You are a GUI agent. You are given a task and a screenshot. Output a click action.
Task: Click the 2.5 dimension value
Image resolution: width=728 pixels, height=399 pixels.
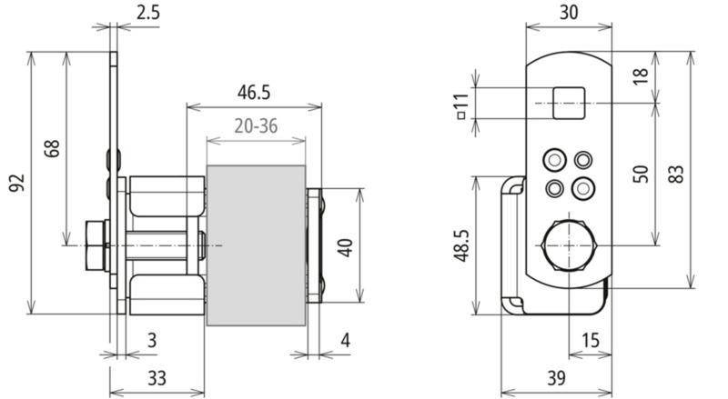tap(148, 12)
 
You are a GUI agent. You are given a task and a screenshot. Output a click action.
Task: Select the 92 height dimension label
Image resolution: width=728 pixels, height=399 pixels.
tap(16, 184)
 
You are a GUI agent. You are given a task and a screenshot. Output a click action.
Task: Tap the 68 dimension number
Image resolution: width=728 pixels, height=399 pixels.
tap(53, 148)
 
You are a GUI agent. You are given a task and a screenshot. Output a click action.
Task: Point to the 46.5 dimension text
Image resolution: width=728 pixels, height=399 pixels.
tap(254, 93)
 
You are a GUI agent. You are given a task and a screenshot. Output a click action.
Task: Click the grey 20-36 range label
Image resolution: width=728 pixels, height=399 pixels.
tap(256, 125)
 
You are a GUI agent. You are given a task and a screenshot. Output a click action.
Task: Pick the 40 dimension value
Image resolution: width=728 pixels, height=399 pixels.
tap(346, 248)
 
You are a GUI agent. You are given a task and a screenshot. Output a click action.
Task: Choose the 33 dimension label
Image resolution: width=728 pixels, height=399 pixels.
tap(157, 379)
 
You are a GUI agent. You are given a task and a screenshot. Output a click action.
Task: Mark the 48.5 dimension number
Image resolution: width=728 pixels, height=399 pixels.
tap(462, 245)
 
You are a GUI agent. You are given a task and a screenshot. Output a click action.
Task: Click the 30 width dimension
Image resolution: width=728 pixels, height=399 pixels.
tap(569, 13)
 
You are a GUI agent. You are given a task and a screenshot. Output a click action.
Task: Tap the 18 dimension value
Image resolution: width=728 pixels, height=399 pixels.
tap(641, 76)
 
